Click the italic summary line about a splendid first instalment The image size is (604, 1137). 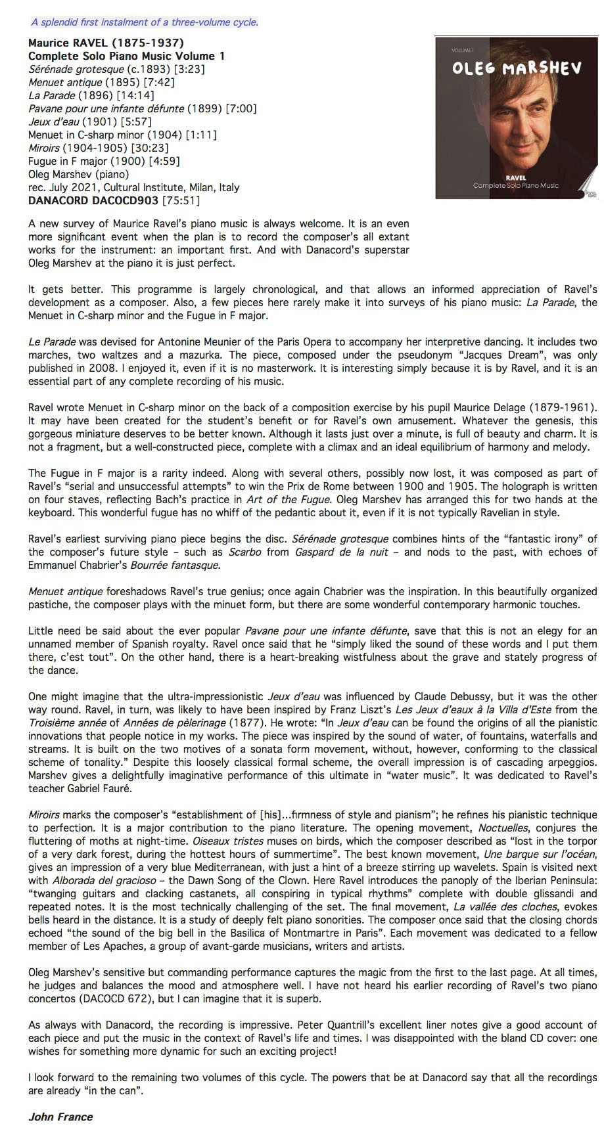[145, 22]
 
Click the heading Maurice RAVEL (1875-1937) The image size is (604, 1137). [106, 43]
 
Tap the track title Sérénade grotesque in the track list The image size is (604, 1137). [76, 69]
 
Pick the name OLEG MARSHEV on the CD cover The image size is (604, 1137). [517, 68]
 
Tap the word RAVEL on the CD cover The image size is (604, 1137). [516, 178]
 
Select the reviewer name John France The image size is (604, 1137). [60, 1117]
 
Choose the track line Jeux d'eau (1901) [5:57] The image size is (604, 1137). [90, 122]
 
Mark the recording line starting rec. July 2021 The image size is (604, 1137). [133, 187]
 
